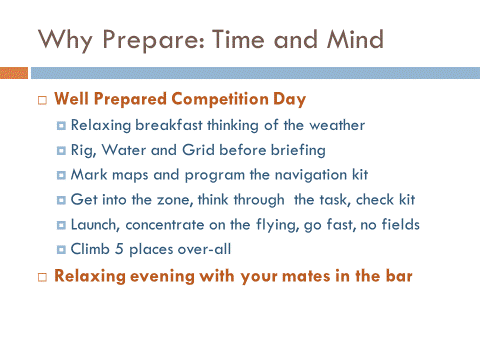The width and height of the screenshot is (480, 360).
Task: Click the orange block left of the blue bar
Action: (14, 73)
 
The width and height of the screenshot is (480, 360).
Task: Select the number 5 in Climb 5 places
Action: (114, 246)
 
